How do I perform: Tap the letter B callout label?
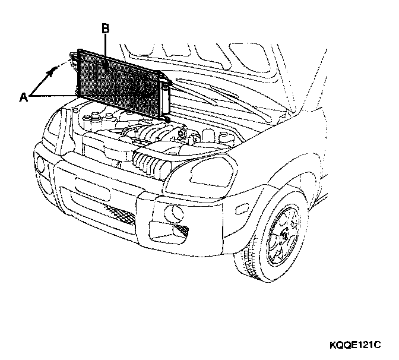(x=106, y=28)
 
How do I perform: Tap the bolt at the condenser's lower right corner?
(x=169, y=120)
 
